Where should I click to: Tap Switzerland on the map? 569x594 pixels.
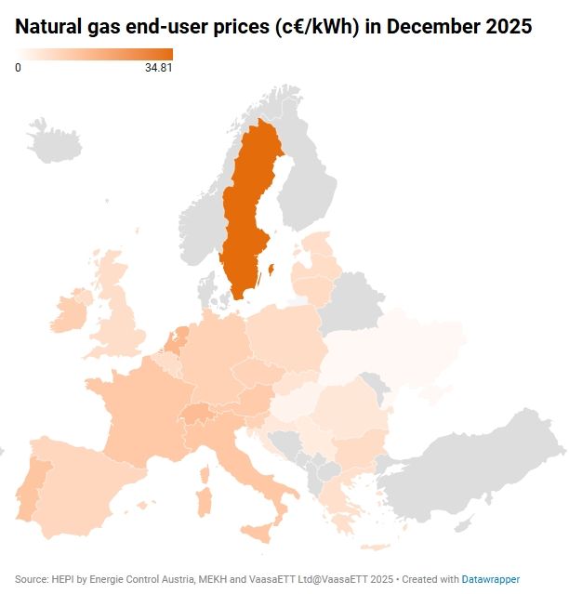tap(201, 412)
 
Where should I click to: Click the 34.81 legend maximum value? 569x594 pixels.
tap(159, 68)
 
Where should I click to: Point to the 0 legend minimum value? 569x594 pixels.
tap(18, 68)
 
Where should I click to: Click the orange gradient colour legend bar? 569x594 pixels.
tap(94, 54)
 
